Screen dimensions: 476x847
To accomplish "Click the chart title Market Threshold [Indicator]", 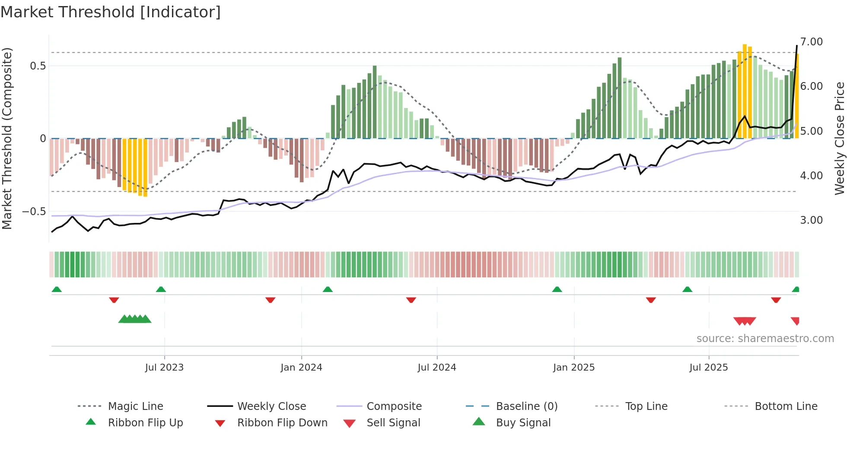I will click(111, 12).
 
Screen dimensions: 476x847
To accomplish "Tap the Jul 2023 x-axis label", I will click(164, 368).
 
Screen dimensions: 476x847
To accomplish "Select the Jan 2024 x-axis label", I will click(301, 368).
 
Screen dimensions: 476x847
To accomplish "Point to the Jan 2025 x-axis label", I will click(574, 368).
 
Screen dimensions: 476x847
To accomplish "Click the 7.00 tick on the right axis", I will click(811, 42).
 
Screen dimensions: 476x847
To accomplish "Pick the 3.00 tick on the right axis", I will click(811, 220).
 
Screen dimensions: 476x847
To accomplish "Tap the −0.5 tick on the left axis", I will click(34, 212).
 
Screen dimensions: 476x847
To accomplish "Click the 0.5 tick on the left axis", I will click(38, 66).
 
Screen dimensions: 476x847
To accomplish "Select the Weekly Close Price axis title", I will click(839, 138).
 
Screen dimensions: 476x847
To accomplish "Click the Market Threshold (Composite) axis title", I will click(7, 138).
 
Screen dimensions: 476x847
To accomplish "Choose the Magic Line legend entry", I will click(135, 406).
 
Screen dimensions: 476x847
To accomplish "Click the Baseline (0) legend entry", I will click(526, 406).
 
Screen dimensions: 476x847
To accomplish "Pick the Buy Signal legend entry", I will click(523, 423).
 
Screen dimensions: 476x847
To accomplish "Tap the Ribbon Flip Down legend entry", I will click(282, 423).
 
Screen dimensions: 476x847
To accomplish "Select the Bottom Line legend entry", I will click(786, 406).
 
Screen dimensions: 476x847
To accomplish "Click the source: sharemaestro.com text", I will click(765, 339).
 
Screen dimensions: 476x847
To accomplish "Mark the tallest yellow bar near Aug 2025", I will click(745, 91).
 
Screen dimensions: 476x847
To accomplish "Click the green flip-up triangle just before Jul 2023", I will click(161, 289).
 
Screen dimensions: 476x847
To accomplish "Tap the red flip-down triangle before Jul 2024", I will click(411, 300).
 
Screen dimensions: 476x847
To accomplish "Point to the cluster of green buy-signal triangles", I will click(135, 319).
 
